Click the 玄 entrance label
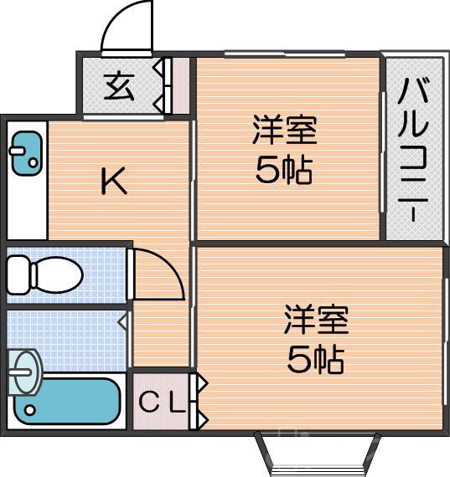[x=120, y=85]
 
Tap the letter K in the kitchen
[x=114, y=182]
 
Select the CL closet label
[x=160, y=403]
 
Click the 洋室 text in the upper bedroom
[x=285, y=131]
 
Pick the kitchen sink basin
[x=27, y=152]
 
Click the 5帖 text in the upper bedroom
[x=284, y=171]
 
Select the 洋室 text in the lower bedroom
[x=316, y=320]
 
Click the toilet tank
[x=18, y=273]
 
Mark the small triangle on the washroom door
[x=122, y=321]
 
